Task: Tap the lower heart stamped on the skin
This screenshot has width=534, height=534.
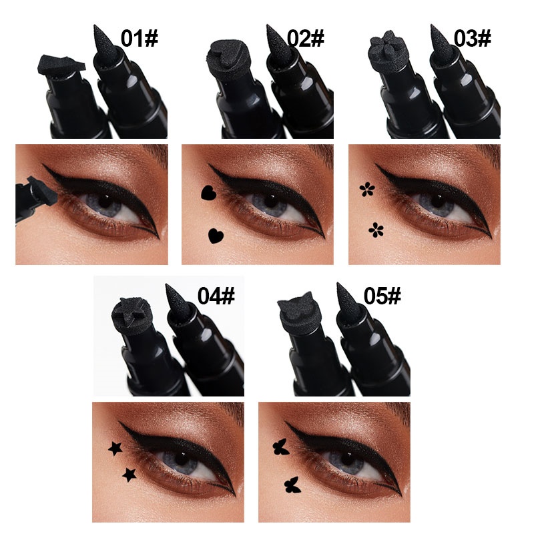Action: pyautogui.click(x=215, y=235)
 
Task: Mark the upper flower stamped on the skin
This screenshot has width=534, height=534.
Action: pyautogui.click(x=366, y=190)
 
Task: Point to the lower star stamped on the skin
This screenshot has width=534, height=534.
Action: pyautogui.click(x=127, y=474)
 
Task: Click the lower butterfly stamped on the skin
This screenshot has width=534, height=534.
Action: pyautogui.click(x=291, y=483)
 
